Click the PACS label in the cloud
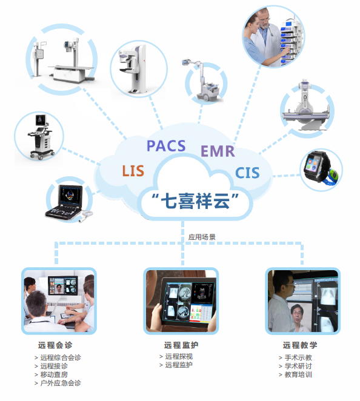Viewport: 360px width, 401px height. pyautogui.click(x=166, y=146)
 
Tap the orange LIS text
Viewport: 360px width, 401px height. pyautogui.click(x=133, y=171)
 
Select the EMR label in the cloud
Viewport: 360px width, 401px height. pyautogui.click(x=218, y=151)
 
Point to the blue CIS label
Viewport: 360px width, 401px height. pyautogui.click(x=247, y=173)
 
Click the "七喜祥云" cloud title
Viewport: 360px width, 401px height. pyautogui.click(x=195, y=201)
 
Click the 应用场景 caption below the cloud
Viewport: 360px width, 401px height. pyautogui.click(x=202, y=237)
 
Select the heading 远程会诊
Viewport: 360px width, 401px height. pyautogui.click(x=55, y=345)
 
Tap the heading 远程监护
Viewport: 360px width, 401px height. pyautogui.click(x=181, y=345)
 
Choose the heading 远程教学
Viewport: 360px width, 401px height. pyautogui.click(x=300, y=345)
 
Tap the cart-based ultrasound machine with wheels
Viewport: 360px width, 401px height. pyautogui.click(x=41, y=137)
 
